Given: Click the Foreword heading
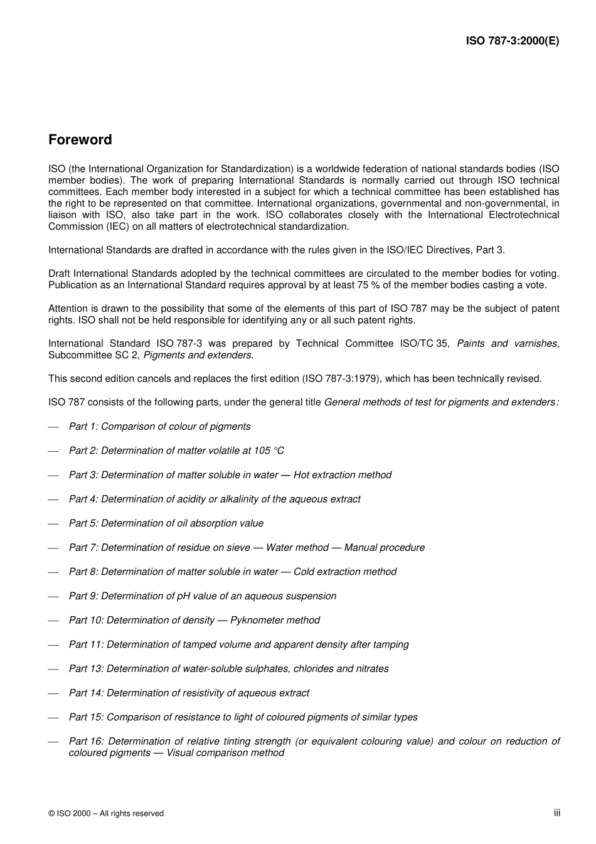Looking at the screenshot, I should point(80,140).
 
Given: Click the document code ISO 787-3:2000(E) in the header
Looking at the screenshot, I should point(512,41).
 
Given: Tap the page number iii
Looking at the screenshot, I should point(556,813).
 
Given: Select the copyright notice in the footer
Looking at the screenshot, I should point(106,813).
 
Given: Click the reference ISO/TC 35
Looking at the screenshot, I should point(423,343).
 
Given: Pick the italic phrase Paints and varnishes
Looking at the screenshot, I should point(507,343).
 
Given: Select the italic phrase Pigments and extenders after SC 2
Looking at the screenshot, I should point(198,355).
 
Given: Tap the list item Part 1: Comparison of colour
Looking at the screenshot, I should point(159,427).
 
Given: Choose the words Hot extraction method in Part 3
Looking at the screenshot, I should point(342,475).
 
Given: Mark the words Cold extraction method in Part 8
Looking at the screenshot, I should point(344,572).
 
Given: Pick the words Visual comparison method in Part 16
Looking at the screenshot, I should point(225,753).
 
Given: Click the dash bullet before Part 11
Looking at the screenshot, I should point(54,645).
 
